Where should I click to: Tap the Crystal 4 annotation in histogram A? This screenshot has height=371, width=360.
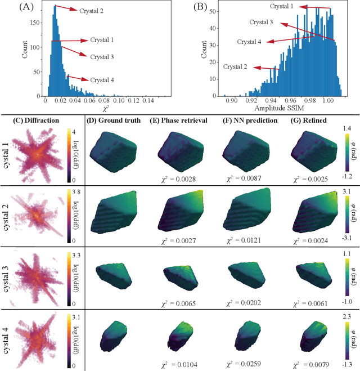(101, 80)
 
